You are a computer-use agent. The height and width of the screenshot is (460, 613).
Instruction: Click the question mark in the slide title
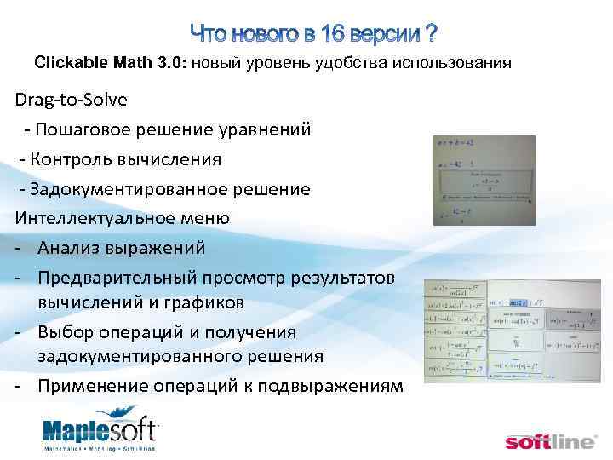[x=431, y=34]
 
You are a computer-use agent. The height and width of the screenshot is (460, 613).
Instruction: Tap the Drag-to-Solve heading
[x=71, y=100]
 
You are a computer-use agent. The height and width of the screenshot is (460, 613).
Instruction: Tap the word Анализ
[x=70, y=248]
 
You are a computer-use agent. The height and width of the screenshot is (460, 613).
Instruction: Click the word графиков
[x=203, y=302]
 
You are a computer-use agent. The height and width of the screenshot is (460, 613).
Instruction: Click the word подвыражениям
[x=329, y=385]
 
